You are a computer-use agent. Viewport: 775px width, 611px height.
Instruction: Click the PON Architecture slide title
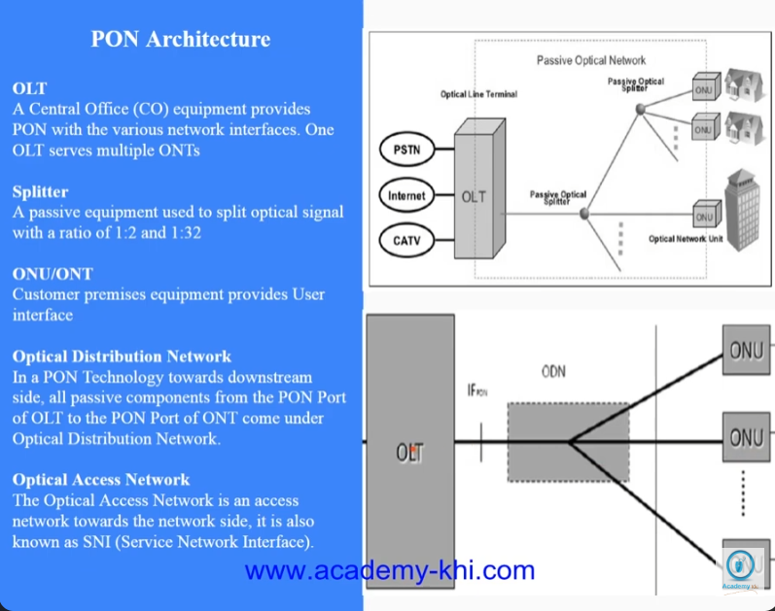tap(181, 40)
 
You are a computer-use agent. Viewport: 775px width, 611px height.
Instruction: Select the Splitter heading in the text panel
tap(40, 191)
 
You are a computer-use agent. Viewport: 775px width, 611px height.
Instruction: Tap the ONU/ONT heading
tap(53, 274)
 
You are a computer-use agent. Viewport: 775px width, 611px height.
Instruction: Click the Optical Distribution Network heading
tap(122, 356)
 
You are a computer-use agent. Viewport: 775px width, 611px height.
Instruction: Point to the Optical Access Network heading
tap(101, 480)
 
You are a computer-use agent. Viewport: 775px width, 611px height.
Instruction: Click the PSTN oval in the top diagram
tap(403, 151)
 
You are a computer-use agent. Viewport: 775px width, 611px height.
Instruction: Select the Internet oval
tap(405, 195)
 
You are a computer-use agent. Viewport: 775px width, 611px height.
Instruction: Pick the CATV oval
tap(404, 238)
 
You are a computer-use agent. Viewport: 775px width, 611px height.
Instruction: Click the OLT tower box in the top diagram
tap(474, 195)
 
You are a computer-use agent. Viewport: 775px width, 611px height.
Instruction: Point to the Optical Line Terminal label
tap(478, 94)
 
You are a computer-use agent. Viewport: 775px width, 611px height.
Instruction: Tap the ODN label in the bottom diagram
tap(553, 371)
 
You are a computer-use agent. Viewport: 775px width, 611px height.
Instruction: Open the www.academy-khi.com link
tap(389, 570)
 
